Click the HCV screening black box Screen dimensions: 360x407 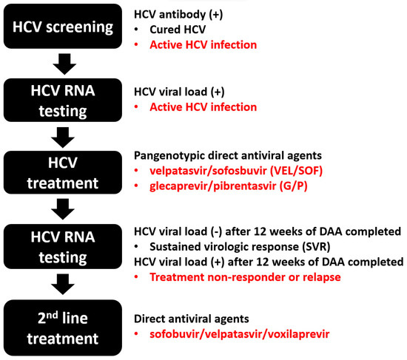(64, 29)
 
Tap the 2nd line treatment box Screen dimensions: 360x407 (64, 327)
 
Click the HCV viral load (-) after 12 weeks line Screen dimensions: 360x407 (269, 230)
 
